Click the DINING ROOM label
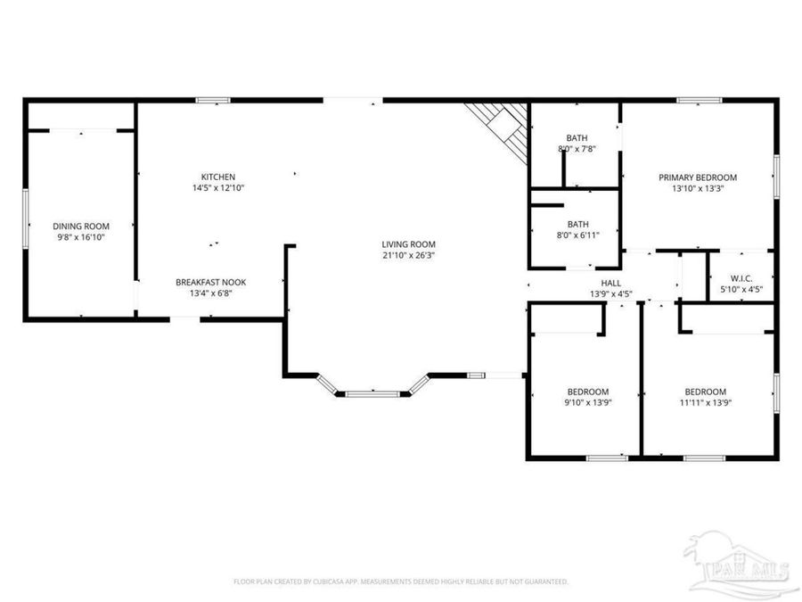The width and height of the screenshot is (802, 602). tap(80, 226)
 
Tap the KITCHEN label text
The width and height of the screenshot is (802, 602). tap(217, 177)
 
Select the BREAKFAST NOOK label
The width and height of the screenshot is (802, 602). tap(210, 282)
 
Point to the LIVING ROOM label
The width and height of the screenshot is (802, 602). tap(408, 243)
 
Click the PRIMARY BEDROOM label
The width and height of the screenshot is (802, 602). tap(698, 177)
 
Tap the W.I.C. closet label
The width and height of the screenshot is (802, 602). tap(741, 277)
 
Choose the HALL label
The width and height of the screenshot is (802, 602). tap(611, 282)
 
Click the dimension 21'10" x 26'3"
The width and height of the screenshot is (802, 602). tap(408, 255)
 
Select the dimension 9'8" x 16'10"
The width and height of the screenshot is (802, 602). tap(80, 237)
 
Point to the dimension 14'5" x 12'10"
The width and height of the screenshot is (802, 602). tap(217, 188)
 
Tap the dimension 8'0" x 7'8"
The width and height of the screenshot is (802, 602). tap(577, 149)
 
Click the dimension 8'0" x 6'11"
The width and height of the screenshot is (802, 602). tap(577, 235)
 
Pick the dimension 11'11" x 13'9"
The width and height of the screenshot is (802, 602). tap(705, 403)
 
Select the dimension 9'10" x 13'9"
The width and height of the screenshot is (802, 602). tap(588, 403)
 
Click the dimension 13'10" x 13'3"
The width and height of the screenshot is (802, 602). tap(698, 188)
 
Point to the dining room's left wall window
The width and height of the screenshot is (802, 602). tap(26, 214)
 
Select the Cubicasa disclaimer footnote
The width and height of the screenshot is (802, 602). tap(401, 581)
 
